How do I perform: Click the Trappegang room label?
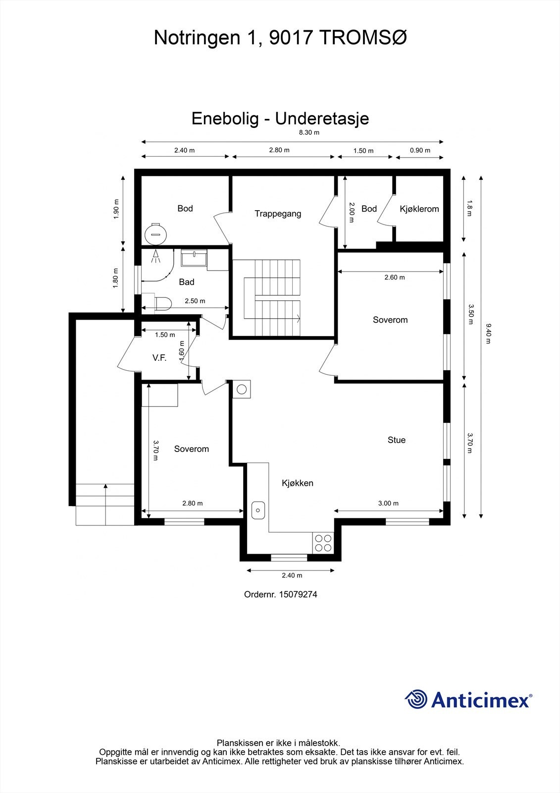[278, 214]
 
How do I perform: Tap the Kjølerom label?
[419, 209]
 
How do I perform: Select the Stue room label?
[396, 440]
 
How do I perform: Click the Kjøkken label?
[297, 483]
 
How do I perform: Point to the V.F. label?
[159, 357]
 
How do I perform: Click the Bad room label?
[186, 282]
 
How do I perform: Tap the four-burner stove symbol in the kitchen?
[323, 543]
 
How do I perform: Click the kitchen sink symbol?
[258, 510]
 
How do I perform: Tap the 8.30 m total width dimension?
[308, 132]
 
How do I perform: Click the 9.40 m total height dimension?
[488, 334]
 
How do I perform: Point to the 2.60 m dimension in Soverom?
[394, 277]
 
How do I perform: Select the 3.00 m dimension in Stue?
[388, 503]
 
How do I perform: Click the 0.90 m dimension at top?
[420, 150]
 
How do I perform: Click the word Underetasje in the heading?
[322, 118]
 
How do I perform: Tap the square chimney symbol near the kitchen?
[242, 389]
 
